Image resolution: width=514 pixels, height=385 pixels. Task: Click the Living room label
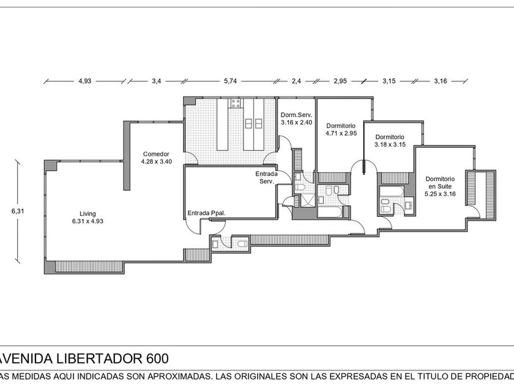pos(88,218)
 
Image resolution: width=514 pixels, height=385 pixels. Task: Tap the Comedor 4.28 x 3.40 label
pos(157,158)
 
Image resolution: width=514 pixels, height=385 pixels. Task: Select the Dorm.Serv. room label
pos(296,119)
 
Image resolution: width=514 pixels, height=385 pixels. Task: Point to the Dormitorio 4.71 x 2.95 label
pos(341,130)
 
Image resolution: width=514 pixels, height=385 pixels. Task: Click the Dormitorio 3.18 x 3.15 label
pos(390,141)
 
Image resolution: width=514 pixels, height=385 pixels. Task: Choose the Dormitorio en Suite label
pos(440,186)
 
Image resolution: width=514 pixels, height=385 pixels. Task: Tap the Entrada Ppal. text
pos(207,213)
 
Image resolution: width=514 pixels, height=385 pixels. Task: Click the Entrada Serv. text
pos(267,177)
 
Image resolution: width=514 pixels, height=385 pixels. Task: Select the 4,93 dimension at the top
pos(84,81)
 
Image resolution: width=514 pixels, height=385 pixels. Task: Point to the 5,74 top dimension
pos(231,81)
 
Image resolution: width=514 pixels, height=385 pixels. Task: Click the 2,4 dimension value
pos(296,81)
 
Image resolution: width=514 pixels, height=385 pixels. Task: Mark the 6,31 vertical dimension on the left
pos(18,211)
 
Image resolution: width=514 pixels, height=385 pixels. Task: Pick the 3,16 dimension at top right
pos(441,81)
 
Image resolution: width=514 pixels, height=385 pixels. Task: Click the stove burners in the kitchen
pos(236,103)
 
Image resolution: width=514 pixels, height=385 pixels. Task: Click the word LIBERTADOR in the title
pos(97,359)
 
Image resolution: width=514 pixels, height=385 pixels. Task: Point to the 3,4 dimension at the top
pos(157,81)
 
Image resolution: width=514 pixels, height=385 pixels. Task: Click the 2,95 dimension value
pos(340,81)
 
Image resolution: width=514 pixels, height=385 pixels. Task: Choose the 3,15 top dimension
pos(389,81)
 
